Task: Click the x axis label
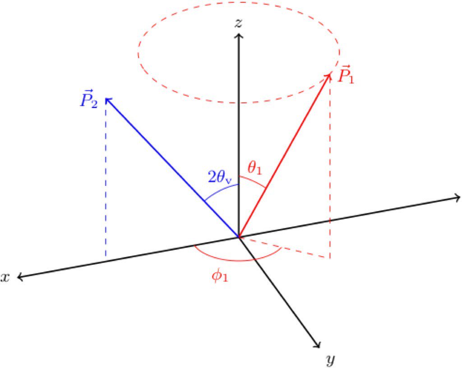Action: click(5, 277)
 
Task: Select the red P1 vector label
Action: click(346, 75)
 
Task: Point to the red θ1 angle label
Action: click(254, 169)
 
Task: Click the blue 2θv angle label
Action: click(220, 178)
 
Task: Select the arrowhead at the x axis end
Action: click(19, 278)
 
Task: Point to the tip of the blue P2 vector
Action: click(106, 99)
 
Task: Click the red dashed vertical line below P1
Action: click(330, 180)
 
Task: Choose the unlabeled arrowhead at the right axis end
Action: click(458, 197)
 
